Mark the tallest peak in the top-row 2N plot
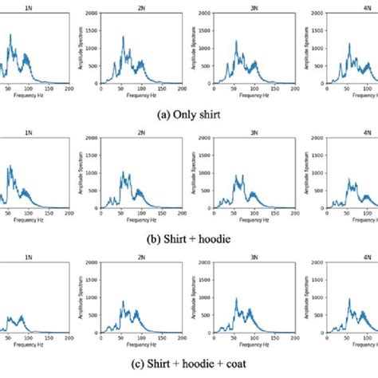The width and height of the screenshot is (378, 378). point(123,37)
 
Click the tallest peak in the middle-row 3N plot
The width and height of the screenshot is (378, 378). point(239,176)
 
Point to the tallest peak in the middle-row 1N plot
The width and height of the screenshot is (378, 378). point(10,166)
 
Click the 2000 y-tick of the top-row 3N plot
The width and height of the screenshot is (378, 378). point(206,15)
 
